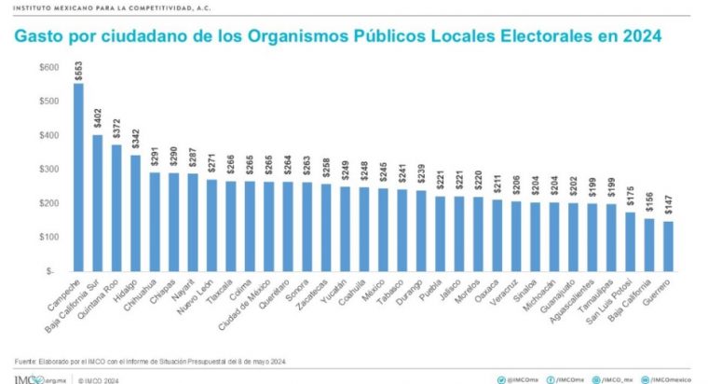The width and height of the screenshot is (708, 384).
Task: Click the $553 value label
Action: (x=78, y=71)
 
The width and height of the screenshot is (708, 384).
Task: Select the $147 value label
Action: (x=669, y=207)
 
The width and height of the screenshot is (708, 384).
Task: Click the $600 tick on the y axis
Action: (x=48, y=67)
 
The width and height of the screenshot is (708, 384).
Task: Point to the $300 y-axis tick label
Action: (x=48, y=169)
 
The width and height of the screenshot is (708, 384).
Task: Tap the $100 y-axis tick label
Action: (x=48, y=237)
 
